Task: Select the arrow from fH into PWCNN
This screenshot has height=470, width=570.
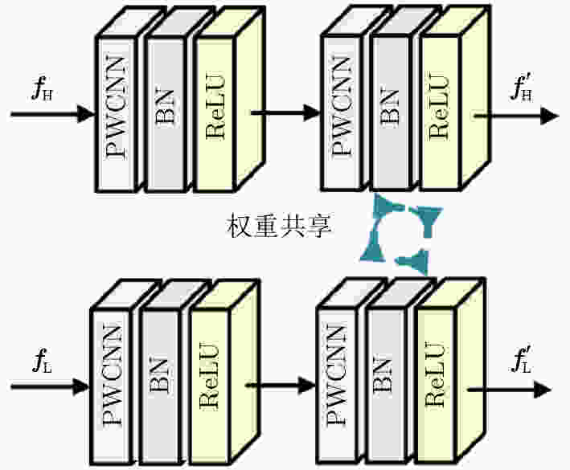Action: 53,114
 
